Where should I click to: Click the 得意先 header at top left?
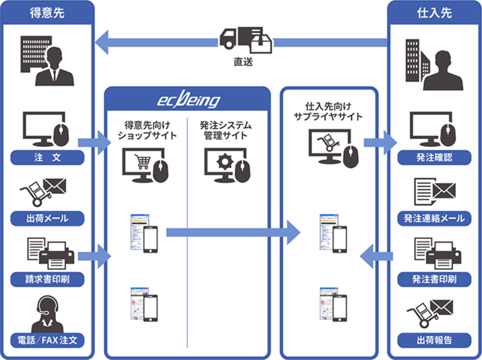pos(47,12)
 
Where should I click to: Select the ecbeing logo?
pos(188,100)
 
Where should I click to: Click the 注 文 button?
pos(47,158)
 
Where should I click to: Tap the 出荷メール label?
pos(47,218)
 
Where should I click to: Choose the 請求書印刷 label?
pos(47,279)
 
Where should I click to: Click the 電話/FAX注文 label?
pos(47,340)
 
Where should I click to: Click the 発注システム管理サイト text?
pos(226,131)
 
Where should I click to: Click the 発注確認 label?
pos(434,158)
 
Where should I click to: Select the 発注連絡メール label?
pos(434,218)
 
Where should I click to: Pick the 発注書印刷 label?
pos(434,279)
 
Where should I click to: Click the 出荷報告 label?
pos(434,340)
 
